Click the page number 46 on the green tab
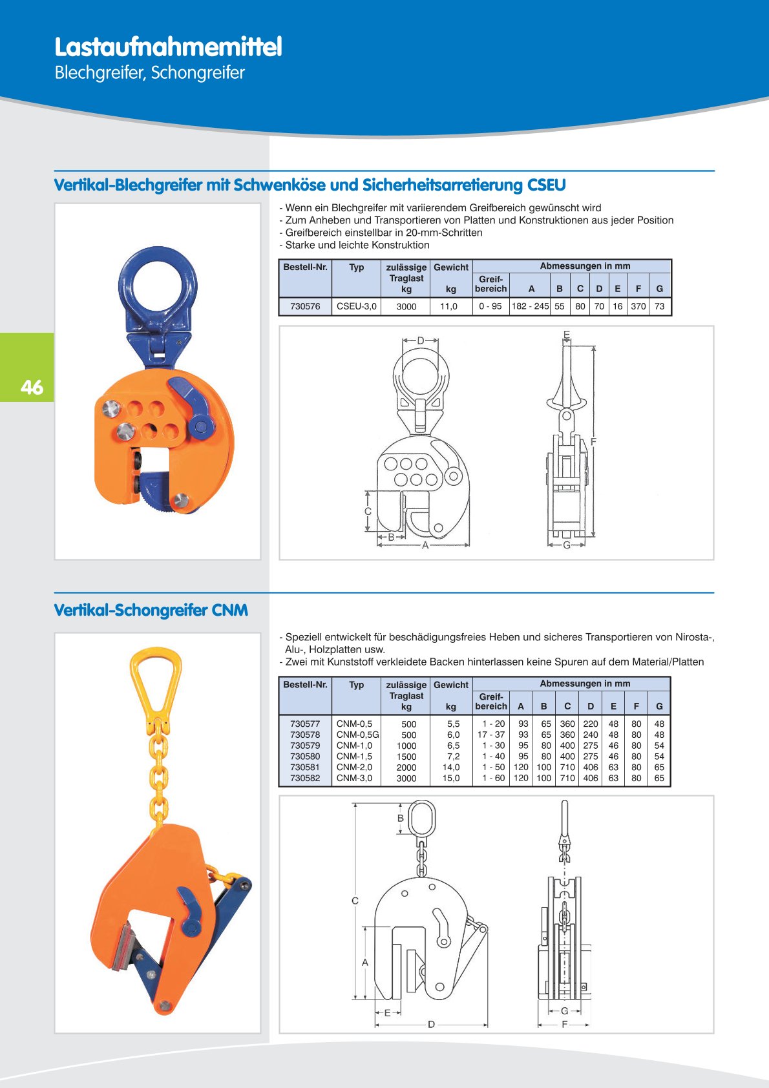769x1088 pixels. pos(32,387)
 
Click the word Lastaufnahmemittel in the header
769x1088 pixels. pos(168,47)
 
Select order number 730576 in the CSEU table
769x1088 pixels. pos(305,306)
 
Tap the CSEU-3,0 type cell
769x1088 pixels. pos(357,306)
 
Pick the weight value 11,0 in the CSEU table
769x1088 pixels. pos(448,306)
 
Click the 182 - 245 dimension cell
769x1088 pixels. pos(530,306)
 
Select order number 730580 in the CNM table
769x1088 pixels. pos(305,757)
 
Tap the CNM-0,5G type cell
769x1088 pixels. pos(357,735)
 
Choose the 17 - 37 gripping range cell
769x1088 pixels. pos(491,735)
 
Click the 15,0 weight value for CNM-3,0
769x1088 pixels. pos(451,778)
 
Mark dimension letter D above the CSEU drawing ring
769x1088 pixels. pos(421,340)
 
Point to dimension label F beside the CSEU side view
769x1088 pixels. pos(593,441)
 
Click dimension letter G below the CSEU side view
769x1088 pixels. pos(567,545)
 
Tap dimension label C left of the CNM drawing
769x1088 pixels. pos(355,901)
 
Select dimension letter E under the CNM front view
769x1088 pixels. pos(388,1013)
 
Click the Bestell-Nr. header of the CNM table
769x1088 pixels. pos(305,684)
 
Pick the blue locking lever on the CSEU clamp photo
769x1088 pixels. pos(192,404)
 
